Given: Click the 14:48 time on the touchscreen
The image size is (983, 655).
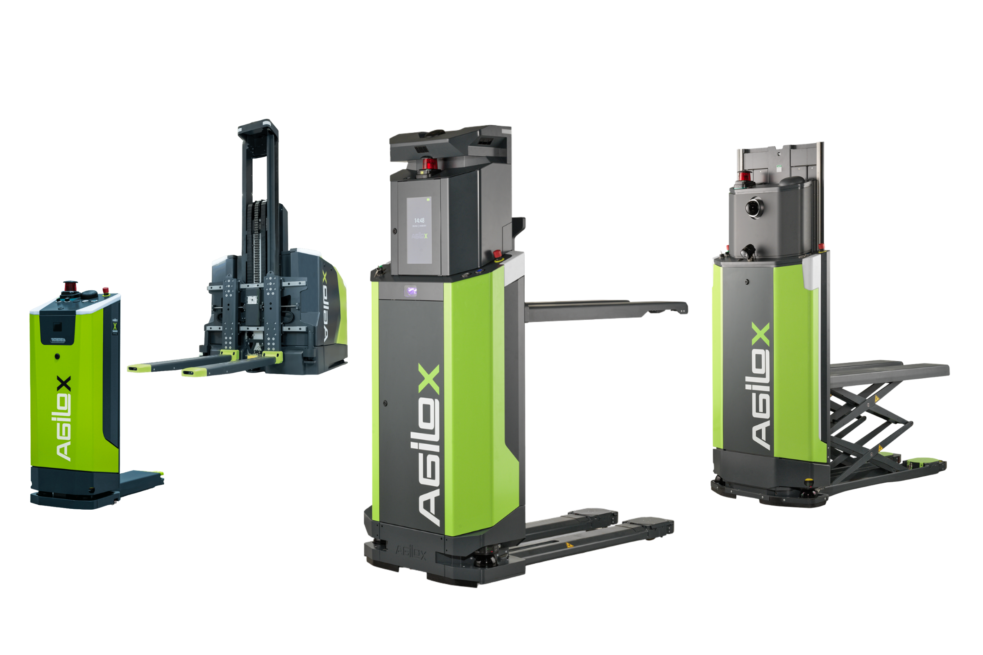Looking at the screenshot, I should tap(419, 220).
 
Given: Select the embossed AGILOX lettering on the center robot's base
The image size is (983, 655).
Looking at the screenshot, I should tap(410, 553).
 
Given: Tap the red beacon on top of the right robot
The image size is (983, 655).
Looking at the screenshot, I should tap(743, 176).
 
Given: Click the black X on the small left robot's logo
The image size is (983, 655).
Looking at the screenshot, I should tap(63, 384).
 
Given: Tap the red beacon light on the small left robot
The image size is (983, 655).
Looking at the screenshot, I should tap(69, 287).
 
